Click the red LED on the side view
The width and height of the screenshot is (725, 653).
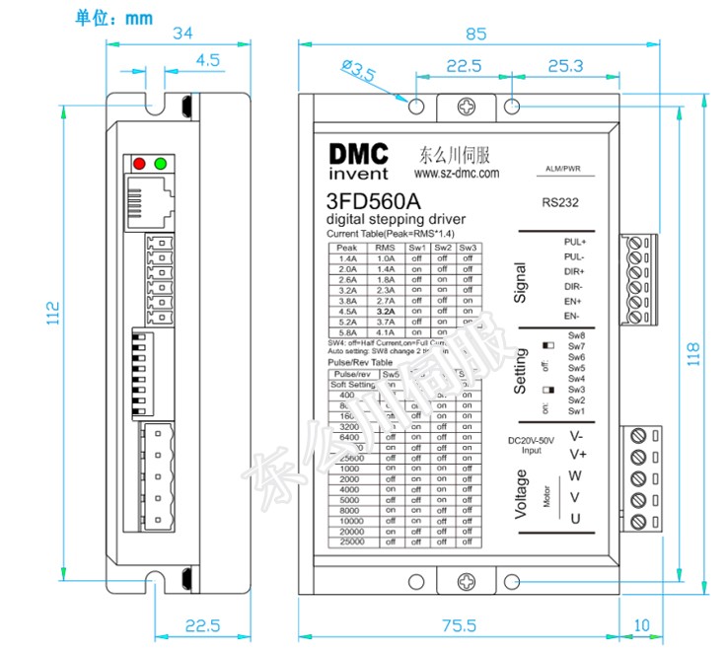[x=139, y=164]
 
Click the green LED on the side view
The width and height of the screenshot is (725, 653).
[x=160, y=164]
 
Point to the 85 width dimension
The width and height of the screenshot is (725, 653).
[x=475, y=34]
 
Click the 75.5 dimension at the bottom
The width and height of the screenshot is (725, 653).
[x=458, y=625]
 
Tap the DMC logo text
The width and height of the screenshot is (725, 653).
[x=359, y=155]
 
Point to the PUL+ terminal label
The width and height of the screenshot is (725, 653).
[x=574, y=242]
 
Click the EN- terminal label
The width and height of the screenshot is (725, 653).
[x=571, y=316]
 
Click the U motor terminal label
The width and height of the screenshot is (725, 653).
[x=575, y=520]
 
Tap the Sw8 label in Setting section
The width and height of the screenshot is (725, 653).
[x=577, y=336]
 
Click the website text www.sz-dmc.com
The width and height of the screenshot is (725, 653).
[x=456, y=172]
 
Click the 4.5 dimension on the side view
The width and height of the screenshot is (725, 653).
[x=207, y=60]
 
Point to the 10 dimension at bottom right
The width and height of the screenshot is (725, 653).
[x=642, y=625]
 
